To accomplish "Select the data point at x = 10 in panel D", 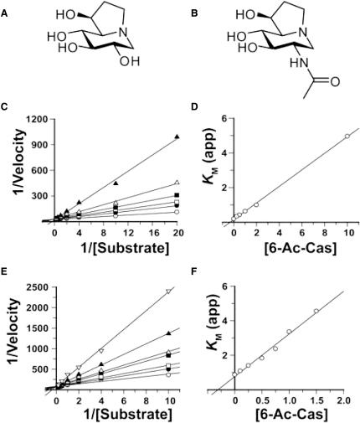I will pos(347,136).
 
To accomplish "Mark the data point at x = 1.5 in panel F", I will pos(316,312).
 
